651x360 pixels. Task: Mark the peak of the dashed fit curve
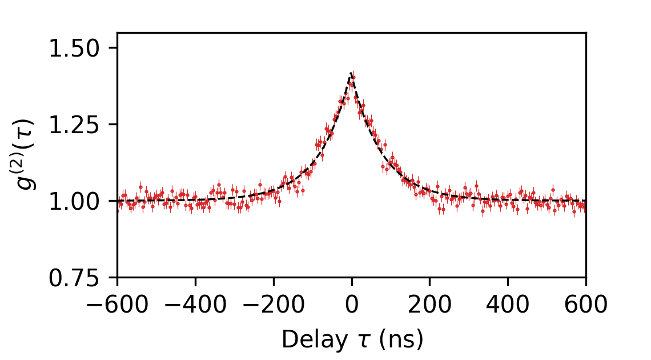351,73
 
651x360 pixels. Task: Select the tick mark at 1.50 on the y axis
115,48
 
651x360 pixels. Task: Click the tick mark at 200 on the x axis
429,280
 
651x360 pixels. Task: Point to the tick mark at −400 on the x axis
195,280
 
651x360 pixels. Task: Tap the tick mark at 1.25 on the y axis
115,125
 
